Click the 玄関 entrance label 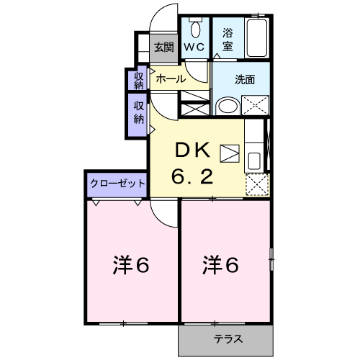click(164, 47)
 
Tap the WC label click(194, 47)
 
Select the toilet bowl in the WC click(196, 29)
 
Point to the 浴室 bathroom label click(228, 40)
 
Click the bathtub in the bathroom click(257, 38)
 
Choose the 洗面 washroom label click(245, 79)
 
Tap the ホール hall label click(171, 78)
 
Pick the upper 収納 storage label click(139, 81)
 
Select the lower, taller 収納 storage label click(139, 112)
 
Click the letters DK click(193, 150)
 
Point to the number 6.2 click(192, 176)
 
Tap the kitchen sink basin click(254, 161)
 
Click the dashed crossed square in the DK click(257, 184)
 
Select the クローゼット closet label click(117, 184)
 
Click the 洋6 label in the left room click(131, 265)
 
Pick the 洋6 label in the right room click(220, 265)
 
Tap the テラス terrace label click(228, 339)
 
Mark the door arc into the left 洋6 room click(159, 219)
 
